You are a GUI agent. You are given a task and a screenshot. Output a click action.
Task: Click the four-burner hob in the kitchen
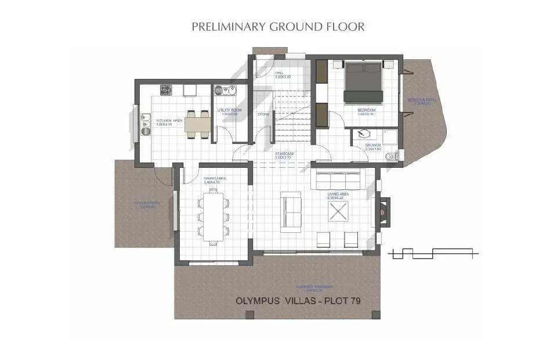point(165,90)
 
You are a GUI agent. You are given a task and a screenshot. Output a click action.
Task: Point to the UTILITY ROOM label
point(229,110)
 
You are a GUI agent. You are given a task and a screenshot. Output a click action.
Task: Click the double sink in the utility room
point(223,91)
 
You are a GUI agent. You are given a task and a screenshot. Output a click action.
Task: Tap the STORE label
point(263,114)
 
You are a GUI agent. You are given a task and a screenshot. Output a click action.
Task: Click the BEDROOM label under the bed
point(366,110)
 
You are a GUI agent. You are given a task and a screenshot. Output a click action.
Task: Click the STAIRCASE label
point(284,154)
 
